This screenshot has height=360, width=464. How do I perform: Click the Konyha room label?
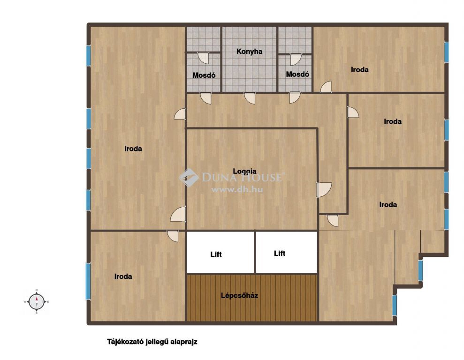coord(249,52)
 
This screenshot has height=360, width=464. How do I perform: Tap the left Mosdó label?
coord(204,75)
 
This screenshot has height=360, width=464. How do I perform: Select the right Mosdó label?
coord(297,74)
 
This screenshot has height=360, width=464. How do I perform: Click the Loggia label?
coord(245,172)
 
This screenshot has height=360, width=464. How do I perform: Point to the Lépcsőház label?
coord(239,295)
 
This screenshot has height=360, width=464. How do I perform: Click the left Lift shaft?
coord(220,252)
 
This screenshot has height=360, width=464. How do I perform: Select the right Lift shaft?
coord(286,252)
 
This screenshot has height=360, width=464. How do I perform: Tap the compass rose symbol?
coord(37,302)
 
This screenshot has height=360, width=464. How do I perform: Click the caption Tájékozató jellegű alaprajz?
coord(152,342)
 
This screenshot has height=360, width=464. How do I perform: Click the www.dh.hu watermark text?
coord(237,189)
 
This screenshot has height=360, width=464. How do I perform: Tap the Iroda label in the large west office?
coord(133,149)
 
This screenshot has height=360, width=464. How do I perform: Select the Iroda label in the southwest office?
coord(123,277)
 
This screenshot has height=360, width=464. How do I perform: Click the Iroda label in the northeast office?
coord(360,70)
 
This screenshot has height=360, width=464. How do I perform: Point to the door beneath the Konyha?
coord(250,98)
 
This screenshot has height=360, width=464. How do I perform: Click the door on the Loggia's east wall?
coord(324,190)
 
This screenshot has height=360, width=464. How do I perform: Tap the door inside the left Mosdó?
coord(204,58)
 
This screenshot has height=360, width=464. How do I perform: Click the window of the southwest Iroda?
coord(88,281)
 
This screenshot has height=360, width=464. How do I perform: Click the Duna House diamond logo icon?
coord(189,178)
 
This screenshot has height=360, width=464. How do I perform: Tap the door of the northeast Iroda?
coord(326,87)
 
